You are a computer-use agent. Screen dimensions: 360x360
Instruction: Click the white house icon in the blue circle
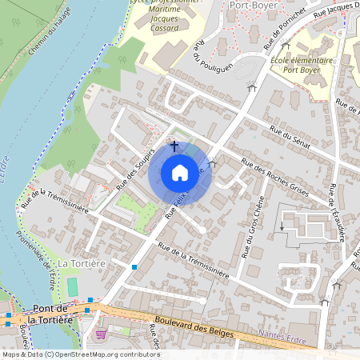tap(180, 173)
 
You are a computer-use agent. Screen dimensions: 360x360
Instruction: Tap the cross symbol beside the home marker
tap(174, 146)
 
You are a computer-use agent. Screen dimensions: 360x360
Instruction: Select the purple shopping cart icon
tap(100, 334)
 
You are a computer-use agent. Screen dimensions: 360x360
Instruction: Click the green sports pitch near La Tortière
tap(73, 286)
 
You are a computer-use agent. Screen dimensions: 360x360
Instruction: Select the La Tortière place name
tap(81, 263)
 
